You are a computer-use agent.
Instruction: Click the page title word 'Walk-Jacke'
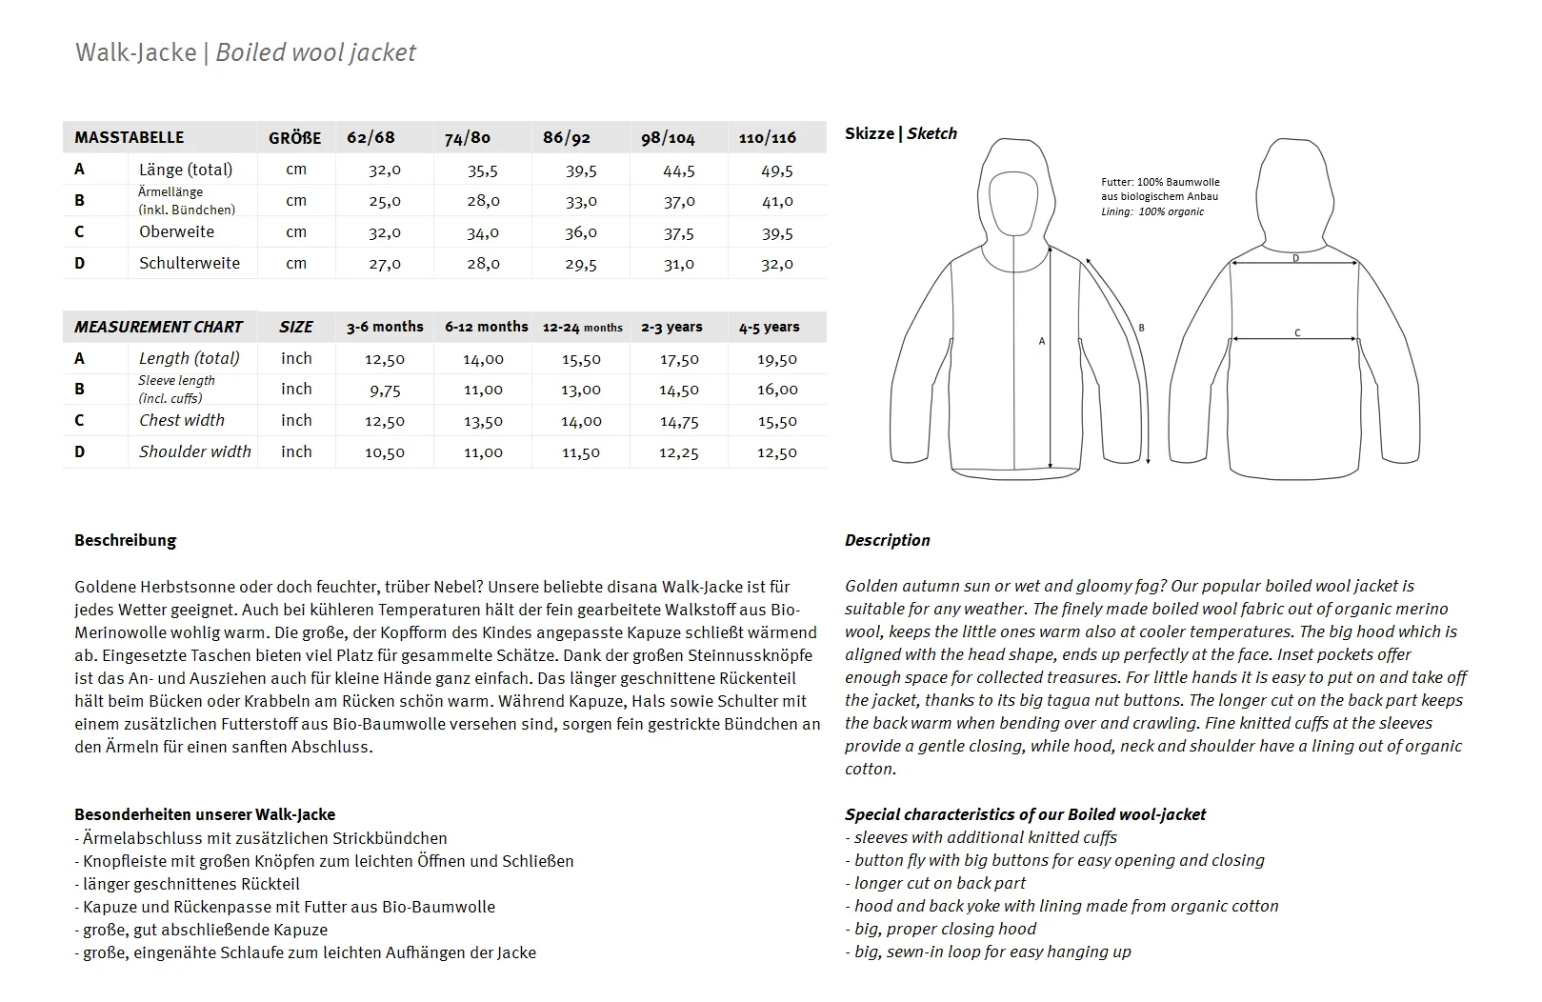coord(136,52)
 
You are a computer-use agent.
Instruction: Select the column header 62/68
coord(370,137)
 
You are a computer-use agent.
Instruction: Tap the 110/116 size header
coord(768,137)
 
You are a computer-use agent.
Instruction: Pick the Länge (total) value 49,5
coord(777,170)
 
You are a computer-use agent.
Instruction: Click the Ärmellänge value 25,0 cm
coord(385,201)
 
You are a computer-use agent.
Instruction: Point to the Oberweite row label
coord(176,231)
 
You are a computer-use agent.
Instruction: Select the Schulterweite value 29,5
coord(581,264)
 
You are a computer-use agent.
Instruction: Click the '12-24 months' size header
coord(582,327)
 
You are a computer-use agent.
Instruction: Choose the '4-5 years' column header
coord(769,327)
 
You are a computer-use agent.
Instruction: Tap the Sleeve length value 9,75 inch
coord(385,390)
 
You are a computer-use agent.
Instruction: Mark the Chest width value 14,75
coord(679,421)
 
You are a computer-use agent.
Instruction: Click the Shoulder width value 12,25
coord(679,452)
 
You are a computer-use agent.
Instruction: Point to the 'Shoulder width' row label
coord(195,451)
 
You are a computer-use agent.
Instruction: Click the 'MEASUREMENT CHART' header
coord(159,327)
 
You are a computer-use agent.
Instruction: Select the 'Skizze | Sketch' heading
coord(900,133)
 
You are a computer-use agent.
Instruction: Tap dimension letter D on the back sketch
coord(1295,258)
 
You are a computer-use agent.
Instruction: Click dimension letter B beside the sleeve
coord(1141,329)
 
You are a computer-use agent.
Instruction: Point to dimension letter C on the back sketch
coord(1297,332)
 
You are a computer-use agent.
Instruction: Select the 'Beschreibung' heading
coord(126,540)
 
